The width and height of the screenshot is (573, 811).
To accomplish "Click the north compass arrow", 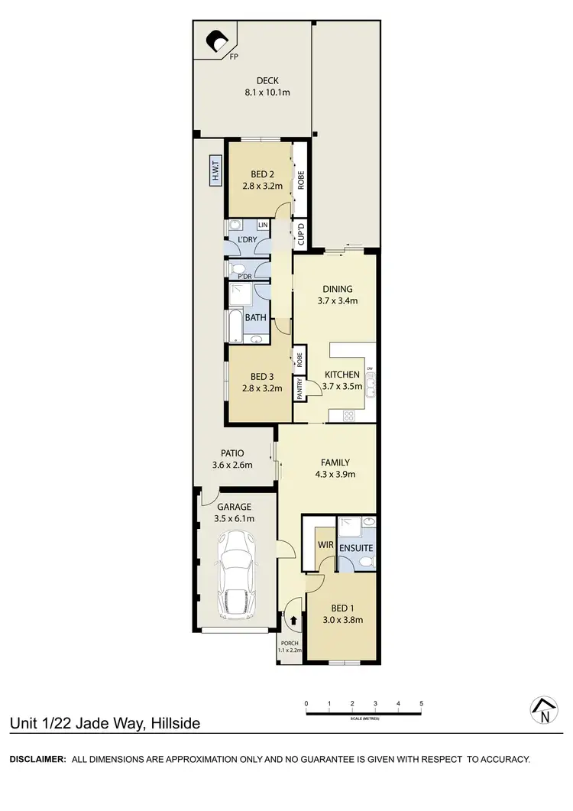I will tap(543, 710).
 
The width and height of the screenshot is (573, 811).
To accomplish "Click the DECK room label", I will tap(267, 79).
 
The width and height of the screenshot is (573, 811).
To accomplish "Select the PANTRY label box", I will tap(300, 389).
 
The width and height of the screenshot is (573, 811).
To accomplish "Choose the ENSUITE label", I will tap(357, 548).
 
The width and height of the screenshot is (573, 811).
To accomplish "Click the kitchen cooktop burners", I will tap(350, 417).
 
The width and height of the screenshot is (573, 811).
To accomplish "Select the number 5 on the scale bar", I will tap(421, 703).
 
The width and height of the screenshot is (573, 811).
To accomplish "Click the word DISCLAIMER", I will tap(37, 759).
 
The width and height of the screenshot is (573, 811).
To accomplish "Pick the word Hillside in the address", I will tap(176, 722).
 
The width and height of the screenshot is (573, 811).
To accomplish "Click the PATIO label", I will tap(232, 453).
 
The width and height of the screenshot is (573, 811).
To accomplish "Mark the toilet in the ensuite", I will tap(365, 563).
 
